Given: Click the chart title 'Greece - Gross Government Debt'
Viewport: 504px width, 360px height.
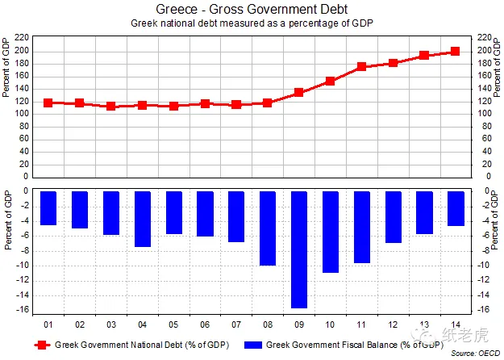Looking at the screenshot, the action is pos(252,9).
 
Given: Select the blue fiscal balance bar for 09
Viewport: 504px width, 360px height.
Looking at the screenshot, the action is pos(299,249).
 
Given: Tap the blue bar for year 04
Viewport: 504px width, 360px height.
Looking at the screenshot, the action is pos(143,219).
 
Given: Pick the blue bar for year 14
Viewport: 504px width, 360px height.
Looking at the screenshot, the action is pos(456,208).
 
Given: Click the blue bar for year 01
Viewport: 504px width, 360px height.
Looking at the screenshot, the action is pos(48,208).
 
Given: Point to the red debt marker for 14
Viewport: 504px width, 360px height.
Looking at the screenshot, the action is pos(455,51).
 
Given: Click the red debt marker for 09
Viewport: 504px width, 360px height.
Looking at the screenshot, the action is pos(298,93).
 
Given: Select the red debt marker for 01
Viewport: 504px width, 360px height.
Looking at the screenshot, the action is pos(48,103).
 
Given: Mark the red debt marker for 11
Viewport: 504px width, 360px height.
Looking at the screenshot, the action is pos(361,67).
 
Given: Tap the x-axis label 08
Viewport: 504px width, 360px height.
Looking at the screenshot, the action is pos(268,324).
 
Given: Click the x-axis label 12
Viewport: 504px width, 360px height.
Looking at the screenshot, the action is pos(393,324).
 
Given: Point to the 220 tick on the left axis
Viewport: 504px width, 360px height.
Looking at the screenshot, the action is pos(22,38).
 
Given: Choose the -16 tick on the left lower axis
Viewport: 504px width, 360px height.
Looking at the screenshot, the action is pos(22,310).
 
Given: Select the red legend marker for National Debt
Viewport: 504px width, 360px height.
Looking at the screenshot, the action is pos(42,345).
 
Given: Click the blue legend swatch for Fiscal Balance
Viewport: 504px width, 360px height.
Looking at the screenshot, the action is pos(253,345).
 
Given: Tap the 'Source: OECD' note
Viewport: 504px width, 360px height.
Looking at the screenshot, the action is pos(476,354).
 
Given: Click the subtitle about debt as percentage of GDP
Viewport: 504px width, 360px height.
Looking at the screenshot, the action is pos(252,23).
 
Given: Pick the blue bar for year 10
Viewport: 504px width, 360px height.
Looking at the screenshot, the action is pos(331,232).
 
